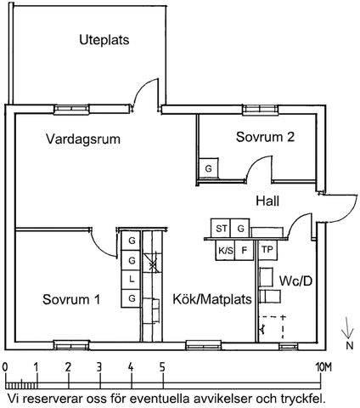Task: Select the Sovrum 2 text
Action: pos(265,139)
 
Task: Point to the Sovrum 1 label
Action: pos(71,299)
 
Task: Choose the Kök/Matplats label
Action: pos(207,299)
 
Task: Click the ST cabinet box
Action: pos(222,229)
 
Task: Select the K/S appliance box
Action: pos(225,251)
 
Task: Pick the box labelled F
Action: pos(245,251)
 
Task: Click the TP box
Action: pos(267,251)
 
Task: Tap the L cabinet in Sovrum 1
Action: pos(132,279)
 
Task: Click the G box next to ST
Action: pos(241,229)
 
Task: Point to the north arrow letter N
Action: pos(349,347)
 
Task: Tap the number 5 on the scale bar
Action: pos(162,366)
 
